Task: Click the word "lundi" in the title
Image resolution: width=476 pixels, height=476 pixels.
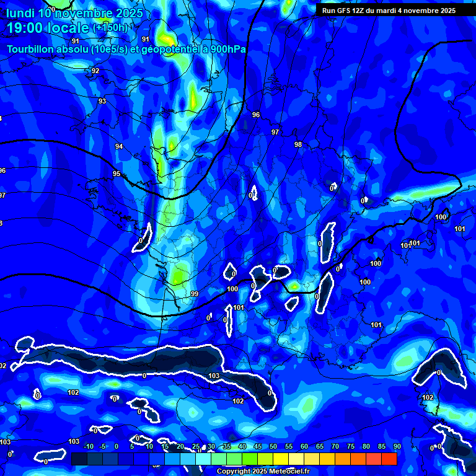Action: coord(20,13)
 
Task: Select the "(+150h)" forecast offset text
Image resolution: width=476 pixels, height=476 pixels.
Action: coord(110,28)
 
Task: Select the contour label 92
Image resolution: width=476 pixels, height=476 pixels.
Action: coord(95,71)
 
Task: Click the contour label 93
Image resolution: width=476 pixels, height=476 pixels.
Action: coord(102,101)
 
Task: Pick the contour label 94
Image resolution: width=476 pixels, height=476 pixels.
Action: coord(119,146)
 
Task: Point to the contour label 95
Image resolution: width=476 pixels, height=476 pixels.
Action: coord(117,174)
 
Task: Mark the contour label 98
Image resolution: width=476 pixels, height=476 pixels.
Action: coord(298,144)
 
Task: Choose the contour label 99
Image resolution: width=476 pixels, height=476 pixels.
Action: coord(194,294)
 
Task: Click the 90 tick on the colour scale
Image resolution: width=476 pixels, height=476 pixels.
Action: coord(397,447)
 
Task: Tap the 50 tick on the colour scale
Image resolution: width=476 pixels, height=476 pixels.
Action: coord(273,447)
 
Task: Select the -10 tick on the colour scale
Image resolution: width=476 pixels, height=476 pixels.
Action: coord(88,447)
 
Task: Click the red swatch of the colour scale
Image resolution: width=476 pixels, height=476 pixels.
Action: coord(389,459)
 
